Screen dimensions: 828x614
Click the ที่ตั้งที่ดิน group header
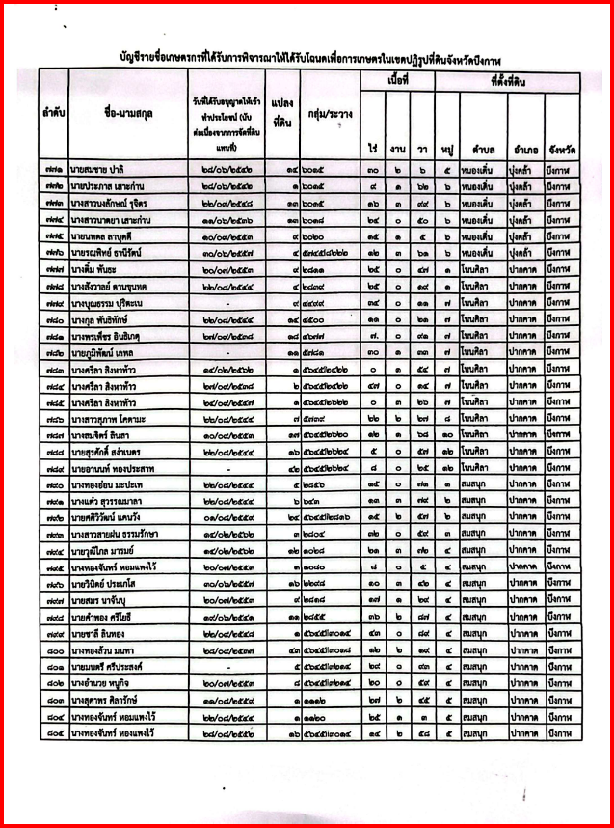click(507, 84)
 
